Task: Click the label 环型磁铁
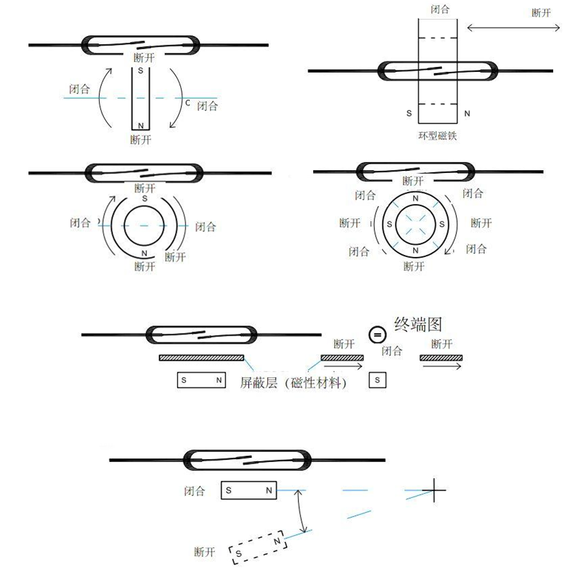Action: (x=437, y=136)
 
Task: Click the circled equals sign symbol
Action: (x=377, y=334)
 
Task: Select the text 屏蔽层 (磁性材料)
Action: (x=293, y=383)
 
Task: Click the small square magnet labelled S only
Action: (x=378, y=380)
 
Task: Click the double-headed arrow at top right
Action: (x=514, y=27)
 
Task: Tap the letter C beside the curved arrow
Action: (x=188, y=102)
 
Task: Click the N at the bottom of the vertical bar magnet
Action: (x=140, y=125)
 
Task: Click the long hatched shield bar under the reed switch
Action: (x=201, y=357)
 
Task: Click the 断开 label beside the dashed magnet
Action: (x=204, y=552)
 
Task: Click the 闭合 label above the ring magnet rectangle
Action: (x=439, y=9)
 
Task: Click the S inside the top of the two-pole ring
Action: (x=144, y=199)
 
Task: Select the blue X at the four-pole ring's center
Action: (x=414, y=224)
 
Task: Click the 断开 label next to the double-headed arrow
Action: (x=540, y=13)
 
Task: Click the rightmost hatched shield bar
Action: (x=441, y=357)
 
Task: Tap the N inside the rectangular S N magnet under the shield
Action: (x=218, y=380)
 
